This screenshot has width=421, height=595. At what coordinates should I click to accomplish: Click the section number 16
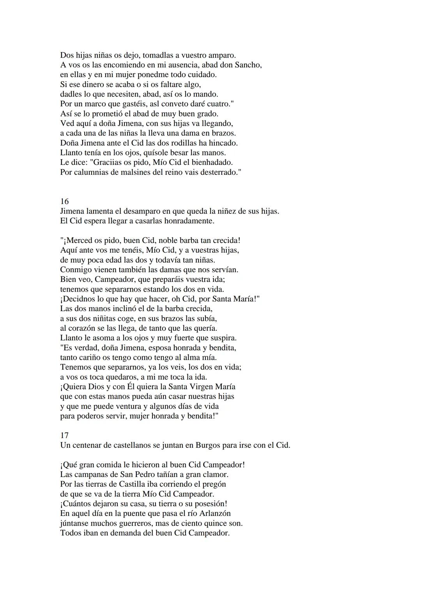[x=64, y=201]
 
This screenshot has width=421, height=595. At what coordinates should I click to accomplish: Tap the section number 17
[x=64, y=435]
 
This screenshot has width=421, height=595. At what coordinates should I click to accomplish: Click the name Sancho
[x=248, y=65]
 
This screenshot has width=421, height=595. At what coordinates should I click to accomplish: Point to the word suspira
[x=223, y=338]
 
